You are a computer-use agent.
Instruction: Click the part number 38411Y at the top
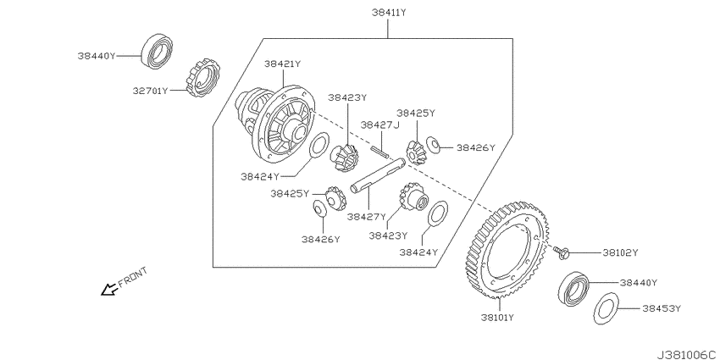389,13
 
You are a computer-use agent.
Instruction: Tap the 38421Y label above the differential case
282,64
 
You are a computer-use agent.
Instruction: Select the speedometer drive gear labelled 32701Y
202,77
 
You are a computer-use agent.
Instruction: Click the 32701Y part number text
151,91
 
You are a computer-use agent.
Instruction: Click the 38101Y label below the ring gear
497,318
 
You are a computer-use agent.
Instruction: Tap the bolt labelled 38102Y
562,252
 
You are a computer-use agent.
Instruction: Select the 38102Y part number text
620,252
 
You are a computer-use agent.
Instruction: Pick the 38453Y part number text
662,308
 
